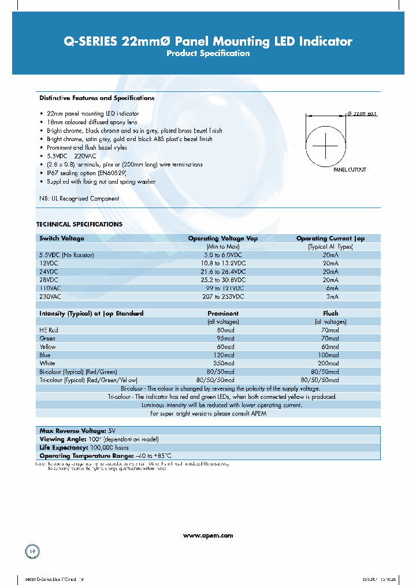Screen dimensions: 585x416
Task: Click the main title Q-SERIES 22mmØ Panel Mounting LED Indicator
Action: pyautogui.click(x=207, y=41)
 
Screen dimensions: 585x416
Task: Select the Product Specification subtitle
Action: pyautogui.click(x=208, y=54)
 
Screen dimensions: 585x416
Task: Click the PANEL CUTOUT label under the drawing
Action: pyautogui.click(x=350, y=170)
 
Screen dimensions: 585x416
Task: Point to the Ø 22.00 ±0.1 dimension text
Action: pyautogui.click(x=362, y=113)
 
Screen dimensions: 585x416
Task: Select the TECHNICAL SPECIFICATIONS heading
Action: pyautogui.click(x=79, y=224)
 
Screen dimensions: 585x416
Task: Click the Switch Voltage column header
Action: pyautogui.click(x=61, y=238)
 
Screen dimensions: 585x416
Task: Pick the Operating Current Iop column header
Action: pyautogui.click(x=330, y=238)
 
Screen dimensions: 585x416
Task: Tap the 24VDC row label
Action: pyautogui.click(x=49, y=271)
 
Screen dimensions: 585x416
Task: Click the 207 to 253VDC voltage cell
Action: pyautogui.click(x=223, y=296)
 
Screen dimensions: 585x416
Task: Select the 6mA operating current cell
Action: pyautogui.click(x=330, y=288)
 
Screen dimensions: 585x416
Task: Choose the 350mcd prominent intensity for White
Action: pyautogui.click(x=223, y=363)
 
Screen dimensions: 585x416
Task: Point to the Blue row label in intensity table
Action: pyautogui.click(x=45, y=355)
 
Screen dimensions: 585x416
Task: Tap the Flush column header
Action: pyautogui.click(x=330, y=313)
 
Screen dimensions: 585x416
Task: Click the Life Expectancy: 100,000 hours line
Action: pyautogui.click(x=83, y=447)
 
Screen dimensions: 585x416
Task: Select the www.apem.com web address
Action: pyautogui.click(x=208, y=536)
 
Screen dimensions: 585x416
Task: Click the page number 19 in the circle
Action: pyautogui.click(x=32, y=551)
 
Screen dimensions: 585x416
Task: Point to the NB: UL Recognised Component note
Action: pyautogui.click(x=79, y=199)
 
